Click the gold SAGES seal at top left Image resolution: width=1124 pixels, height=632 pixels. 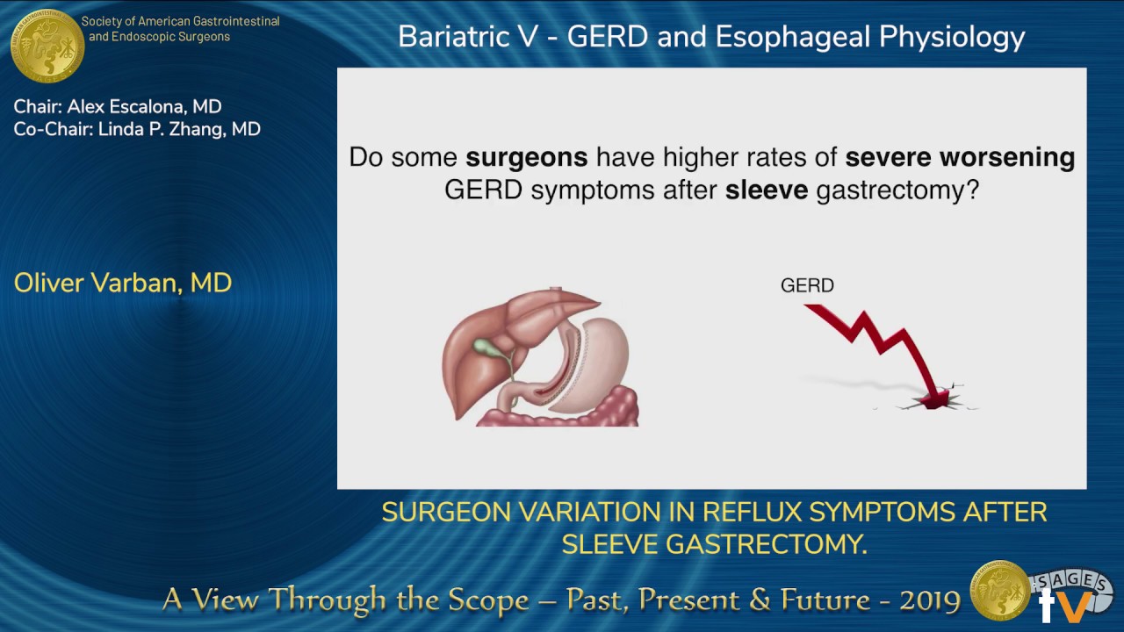(47, 45)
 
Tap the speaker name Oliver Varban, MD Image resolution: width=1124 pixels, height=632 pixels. (123, 283)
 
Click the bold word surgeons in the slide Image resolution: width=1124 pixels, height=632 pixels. (526, 158)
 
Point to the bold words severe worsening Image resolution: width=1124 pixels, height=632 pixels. (959, 158)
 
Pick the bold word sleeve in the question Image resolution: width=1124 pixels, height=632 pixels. (766, 190)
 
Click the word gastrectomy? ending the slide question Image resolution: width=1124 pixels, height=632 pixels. (897, 190)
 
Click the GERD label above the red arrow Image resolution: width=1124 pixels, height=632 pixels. (806, 285)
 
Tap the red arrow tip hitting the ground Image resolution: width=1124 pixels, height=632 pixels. (936, 399)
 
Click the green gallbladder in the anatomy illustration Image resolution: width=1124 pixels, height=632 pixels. (487, 347)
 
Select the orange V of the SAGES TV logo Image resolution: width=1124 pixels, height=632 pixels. (1075, 606)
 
